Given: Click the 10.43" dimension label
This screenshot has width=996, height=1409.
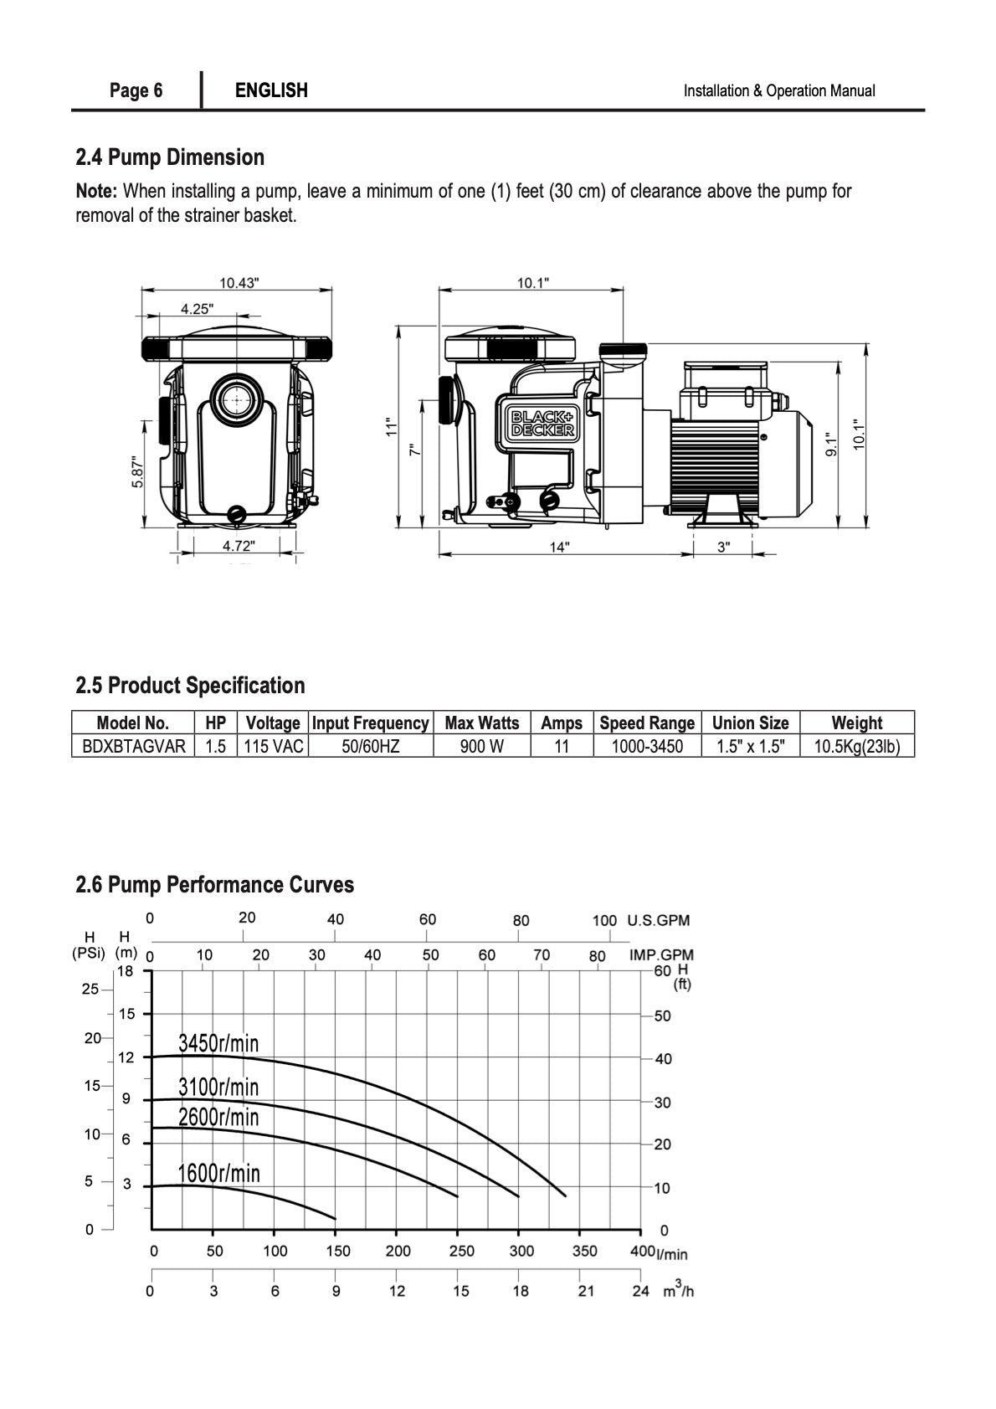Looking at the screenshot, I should pyautogui.click(x=239, y=283).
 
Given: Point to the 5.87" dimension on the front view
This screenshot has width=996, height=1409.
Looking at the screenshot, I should pyautogui.click(x=138, y=471).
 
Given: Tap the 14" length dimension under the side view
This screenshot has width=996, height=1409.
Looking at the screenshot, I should pyautogui.click(x=559, y=547).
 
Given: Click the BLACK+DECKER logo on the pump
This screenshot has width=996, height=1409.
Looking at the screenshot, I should pyautogui.click(x=543, y=423).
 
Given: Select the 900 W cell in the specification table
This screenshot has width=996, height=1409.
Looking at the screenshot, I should pyautogui.click(x=481, y=746).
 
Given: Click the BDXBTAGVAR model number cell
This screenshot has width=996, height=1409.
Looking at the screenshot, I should pyautogui.click(x=133, y=746).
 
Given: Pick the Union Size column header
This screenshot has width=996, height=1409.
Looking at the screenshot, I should pyautogui.click(x=750, y=722).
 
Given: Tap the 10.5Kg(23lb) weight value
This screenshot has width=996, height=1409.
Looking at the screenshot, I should pyautogui.click(x=856, y=746).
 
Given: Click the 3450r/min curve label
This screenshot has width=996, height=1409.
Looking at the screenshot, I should pyautogui.click(x=218, y=1042).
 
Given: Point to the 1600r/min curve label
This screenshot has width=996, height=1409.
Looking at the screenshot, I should pyautogui.click(x=218, y=1173).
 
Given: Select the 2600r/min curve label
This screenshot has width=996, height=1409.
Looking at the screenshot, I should pyautogui.click(x=218, y=1117).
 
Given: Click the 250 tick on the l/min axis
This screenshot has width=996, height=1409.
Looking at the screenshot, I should pyautogui.click(x=461, y=1251).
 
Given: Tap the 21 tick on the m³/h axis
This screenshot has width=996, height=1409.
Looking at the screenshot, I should pyautogui.click(x=586, y=1291).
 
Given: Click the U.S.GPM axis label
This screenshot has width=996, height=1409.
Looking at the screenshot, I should pyautogui.click(x=658, y=920).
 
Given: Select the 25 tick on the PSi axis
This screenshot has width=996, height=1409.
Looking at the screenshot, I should pyautogui.click(x=90, y=989).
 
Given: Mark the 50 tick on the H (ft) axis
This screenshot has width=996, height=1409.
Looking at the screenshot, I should pyautogui.click(x=662, y=1016).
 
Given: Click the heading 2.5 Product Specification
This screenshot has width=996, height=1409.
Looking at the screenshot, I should pyautogui.click(x=190, y=685).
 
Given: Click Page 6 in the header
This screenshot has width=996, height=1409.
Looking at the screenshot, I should pyautogui.click(x=136, y=90).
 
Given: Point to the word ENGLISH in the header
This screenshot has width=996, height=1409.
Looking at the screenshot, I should pyautogui.click(x=271, y=90).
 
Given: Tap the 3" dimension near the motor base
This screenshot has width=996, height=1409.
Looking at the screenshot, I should pyautogui.click(x=723, y=547).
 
